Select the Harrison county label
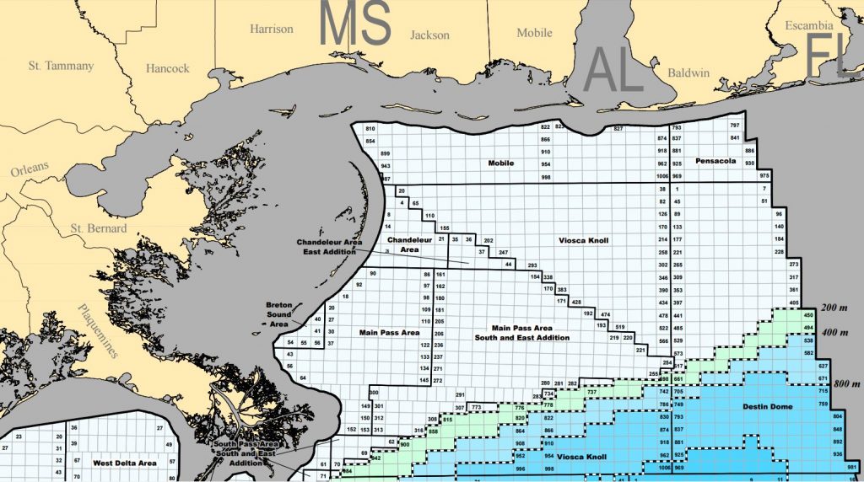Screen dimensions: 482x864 pyautogui.click(x=271, y=29)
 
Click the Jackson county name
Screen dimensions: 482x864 pyautogui.click(x=429, y=35)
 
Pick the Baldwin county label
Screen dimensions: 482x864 pyautogui.click(x=688, y=72)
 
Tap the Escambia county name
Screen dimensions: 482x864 pyautogui.click(x=808, y=25)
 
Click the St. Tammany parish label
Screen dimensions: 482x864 pyautogui.click(x=60, y=65)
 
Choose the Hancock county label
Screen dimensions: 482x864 pyautogui.click(x=167, y=68)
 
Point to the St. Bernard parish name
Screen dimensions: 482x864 pyautogui.click(x=98, y=228)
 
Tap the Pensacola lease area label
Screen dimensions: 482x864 pyautogui.click(x=716, y=160)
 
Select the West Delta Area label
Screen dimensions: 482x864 pyautogui.click(x=124, y=463)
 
